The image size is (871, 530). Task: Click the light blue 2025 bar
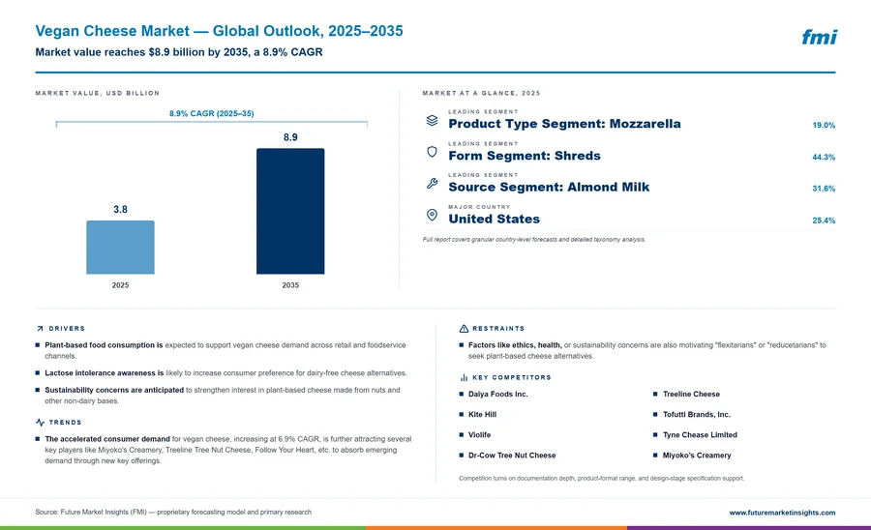120,247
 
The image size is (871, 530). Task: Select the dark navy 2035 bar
290,211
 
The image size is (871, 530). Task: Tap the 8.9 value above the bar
290,137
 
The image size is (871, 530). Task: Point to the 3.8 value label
120,209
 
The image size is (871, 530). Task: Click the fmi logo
819,37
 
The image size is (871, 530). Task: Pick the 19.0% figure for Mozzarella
824,126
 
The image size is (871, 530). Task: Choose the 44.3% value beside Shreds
824,157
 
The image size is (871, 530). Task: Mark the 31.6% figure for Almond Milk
824,189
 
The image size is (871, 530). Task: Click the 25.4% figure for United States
824,221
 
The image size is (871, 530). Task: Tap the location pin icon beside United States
432,215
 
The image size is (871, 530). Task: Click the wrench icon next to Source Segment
432,183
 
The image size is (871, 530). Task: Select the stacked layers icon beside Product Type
432,120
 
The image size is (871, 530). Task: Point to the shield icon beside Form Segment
432,152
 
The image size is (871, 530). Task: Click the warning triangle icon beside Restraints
464,329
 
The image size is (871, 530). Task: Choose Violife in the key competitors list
479,435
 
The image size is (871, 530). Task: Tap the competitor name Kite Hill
482,415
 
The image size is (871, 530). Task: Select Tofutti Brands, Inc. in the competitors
697,415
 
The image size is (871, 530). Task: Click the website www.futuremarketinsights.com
782,513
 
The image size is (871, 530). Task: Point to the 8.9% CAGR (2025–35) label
212,113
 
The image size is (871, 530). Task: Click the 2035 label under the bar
290,285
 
